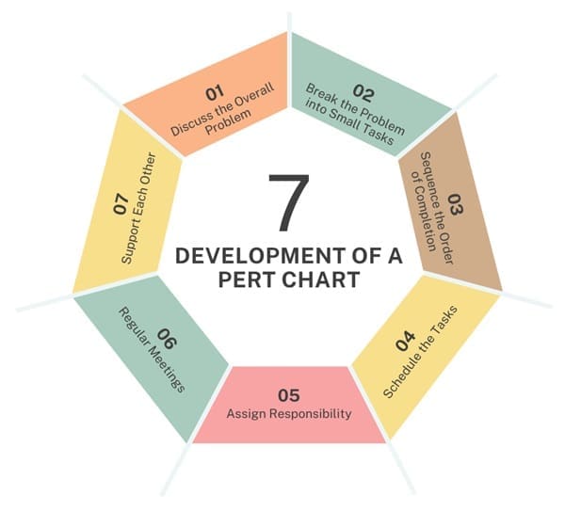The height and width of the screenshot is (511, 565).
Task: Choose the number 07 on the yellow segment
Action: tap(121, 204)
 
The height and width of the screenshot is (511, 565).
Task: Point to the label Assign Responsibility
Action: tap(289, 413)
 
